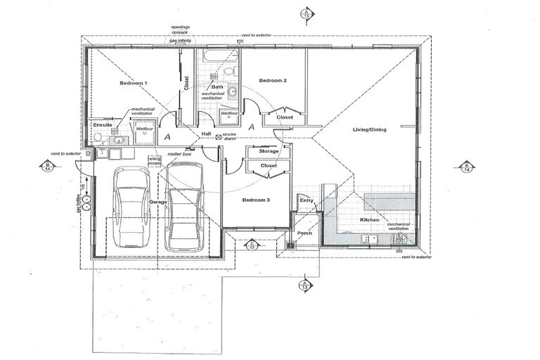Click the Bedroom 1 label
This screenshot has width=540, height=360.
[133, 84]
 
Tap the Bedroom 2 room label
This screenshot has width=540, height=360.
[273, 81]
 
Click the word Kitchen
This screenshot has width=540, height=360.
[370, 220]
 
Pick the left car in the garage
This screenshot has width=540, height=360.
[131, 210]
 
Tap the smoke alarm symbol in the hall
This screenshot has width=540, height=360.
[218, 136]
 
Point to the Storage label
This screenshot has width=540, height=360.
[269, 151]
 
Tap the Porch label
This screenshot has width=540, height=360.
[304, 233]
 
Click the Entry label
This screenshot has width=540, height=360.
[307, 201]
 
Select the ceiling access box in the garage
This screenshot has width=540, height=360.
[154, 162]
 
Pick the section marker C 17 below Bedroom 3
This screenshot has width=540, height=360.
[252, 246]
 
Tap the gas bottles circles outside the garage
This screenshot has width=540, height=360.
[86, 202]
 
